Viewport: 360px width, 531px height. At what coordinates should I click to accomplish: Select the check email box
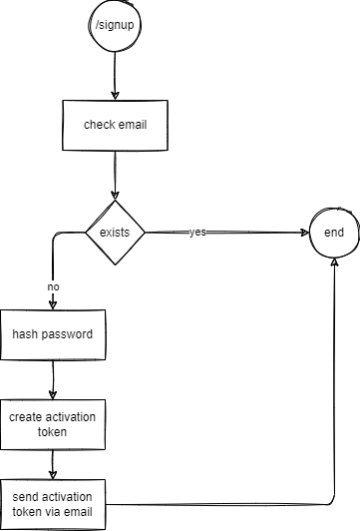[115, 126]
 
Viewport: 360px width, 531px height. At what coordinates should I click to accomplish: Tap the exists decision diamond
[115, 233]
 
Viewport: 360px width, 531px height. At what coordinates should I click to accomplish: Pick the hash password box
[52, 333]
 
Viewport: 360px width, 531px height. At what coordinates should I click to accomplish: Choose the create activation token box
[52, 424]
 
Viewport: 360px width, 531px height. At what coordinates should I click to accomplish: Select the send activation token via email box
[52, 504]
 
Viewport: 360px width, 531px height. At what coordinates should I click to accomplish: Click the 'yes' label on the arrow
[197, 233]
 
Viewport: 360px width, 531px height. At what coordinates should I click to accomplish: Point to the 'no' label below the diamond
[53, 286]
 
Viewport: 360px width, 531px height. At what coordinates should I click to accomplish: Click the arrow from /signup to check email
[115, 75]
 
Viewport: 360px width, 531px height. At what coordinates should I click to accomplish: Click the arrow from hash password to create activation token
[52, 379]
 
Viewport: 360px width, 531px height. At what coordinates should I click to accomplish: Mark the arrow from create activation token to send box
[52, 464]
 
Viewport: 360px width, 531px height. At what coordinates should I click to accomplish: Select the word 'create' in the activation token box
[27, 416]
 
